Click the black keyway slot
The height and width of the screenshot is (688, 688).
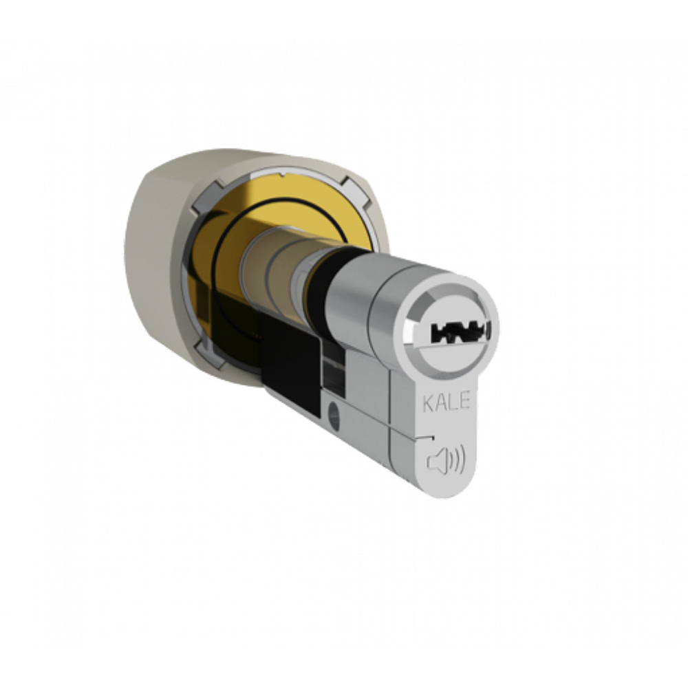pyautogui.click(x=460, y=332)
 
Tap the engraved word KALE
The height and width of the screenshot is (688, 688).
pyautogui.click(x=446, y=402)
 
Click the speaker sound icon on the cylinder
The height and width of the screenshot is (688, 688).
pyautogui.click(x=446, y=462)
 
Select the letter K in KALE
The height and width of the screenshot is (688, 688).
pyautogui.click(x=428, y=402)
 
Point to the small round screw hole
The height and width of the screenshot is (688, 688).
pyautogui.click(x=334, y=414)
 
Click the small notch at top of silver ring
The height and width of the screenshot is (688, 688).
pyautogui.click(x=283, y=175)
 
